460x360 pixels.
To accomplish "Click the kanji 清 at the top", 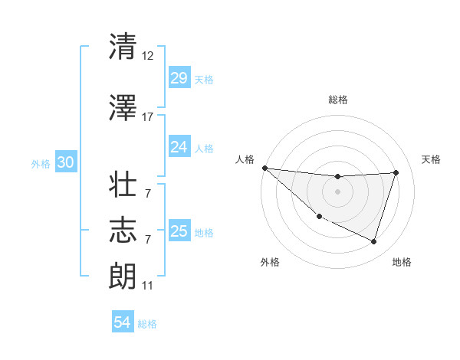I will click(123, 47).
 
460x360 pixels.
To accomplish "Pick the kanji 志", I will click(123, 230).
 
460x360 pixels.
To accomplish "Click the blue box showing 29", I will click(179, 77).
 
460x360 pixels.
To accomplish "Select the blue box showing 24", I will click(179, 146).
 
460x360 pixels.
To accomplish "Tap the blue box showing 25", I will click(179, 231).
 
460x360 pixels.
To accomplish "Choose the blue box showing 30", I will click(65, 162).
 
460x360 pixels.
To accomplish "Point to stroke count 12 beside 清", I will click(148, 56).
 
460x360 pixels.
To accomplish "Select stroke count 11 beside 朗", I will click(148, 286).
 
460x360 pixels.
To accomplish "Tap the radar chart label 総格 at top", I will click(337, 100).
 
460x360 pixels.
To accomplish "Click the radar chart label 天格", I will click(432, 159).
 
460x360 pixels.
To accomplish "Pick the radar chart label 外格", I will click(270, 262).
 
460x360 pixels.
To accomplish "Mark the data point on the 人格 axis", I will click(264, 168).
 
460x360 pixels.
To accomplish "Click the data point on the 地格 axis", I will click(373, 241).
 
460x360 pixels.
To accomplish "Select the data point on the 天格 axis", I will click(396, 172).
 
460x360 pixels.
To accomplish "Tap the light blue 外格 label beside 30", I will click(41, 163).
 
